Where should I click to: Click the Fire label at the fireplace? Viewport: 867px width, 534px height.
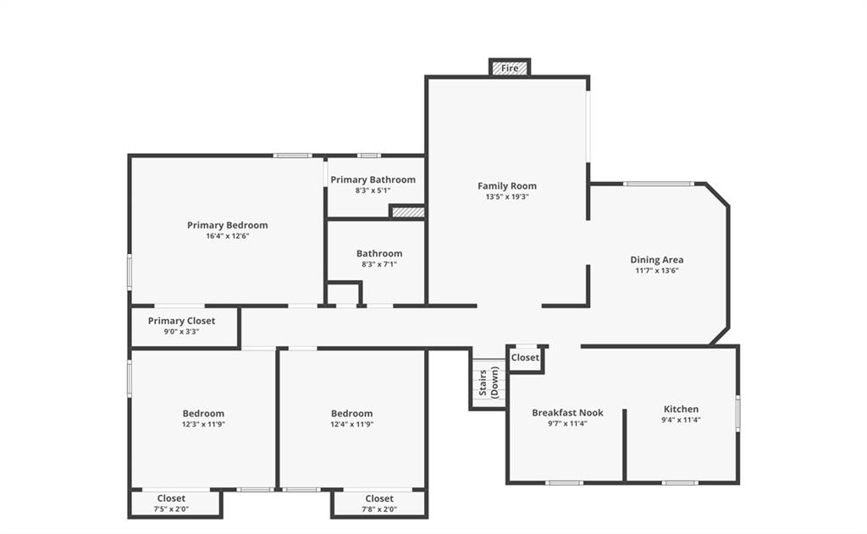(x=509, y=68)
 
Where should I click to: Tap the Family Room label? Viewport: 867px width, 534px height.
(x=507, y=185)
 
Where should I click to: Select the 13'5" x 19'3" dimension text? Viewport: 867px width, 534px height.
(x=507, y=197)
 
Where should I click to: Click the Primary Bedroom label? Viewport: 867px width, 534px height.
(x=227, y=225)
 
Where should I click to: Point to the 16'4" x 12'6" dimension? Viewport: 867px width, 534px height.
(x=227, y=236)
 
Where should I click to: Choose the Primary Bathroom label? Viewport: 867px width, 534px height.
(x=373, y=179)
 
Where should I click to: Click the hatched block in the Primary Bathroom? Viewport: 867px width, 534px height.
(x=408, y=212)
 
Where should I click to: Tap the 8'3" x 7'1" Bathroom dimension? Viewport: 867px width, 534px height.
(x=379, y=264)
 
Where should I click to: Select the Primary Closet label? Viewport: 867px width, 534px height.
(x=181, y=321)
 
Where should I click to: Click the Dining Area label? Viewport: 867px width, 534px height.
(x=657, y=260)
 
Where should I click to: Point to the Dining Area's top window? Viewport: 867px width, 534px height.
(x=659, y=184)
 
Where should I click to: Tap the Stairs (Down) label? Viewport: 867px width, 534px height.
(x=489, y=383)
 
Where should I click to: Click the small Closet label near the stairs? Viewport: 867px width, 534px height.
(x=525, y=358)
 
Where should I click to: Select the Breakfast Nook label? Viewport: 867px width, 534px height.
(x=567, y=412)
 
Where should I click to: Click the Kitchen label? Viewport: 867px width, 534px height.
(x=681, y=409)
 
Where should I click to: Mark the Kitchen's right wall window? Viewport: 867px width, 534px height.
(x=737, y=412)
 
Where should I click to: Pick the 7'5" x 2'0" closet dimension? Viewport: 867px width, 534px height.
(x=171, y=509)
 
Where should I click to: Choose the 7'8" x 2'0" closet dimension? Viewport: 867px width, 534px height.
(x=379, y=509)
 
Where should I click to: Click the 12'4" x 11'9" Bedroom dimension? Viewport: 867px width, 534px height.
(x=351, y=425)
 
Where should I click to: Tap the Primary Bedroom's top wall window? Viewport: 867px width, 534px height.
(x=292, y=156)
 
